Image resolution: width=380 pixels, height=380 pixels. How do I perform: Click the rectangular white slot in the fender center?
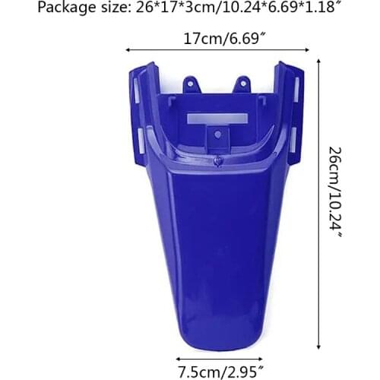(217, 119)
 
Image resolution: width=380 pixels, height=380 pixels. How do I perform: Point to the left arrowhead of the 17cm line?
(128, 49)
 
